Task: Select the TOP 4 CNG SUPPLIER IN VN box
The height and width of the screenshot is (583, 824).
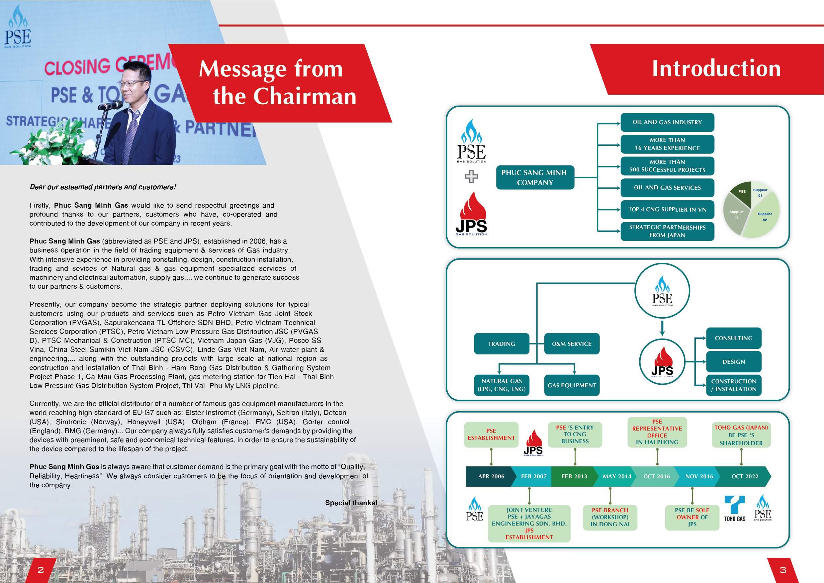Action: click(x=667, y=210)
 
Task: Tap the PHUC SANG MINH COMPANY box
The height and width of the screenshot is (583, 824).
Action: click(x=535, y=178)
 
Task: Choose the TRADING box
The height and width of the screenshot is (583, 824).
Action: click(x=502, y=344)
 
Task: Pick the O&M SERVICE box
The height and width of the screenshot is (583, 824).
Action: click(x=572, y=344)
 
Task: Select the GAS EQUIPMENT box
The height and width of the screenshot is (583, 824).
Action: click(x=572, y=386)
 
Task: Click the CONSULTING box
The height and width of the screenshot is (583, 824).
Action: click(x=734, y=338)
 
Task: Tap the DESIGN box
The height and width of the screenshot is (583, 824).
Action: click(x=734, y=362)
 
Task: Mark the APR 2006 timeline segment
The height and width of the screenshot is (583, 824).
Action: click(x=491, y=477)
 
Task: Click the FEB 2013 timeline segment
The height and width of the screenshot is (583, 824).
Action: click(x=574, y=477)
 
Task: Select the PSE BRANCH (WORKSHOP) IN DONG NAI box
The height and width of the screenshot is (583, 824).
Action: click(x=610, y=517)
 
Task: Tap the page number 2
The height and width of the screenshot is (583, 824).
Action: click(x=41, y=570)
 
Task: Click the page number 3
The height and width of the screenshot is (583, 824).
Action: click(x=783, y=570)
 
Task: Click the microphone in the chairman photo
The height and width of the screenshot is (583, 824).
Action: click(x=111, y=105)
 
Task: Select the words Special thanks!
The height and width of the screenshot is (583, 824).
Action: click(x=351, y=503)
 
